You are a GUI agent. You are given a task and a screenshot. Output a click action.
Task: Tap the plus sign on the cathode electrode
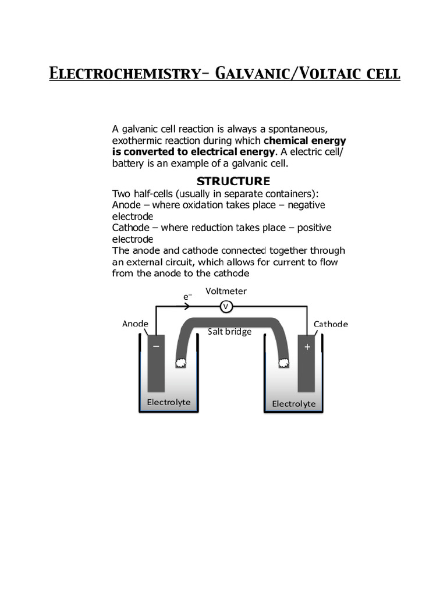pyautogui.click(x=307, y=347)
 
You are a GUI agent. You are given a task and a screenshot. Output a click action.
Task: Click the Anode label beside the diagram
pyautogui.click(x=135, y=324)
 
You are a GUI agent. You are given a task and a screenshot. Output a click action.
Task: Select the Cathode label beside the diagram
pyautogui.click(x=331, y=324)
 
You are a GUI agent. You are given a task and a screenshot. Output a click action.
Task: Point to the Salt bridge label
pyautogui.click(x=230, y=332)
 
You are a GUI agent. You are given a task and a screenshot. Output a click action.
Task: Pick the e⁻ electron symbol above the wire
pyautogui.click(x=187, y=296)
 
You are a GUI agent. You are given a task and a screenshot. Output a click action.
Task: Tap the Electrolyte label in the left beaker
pyautogui.click(x=169, y=402)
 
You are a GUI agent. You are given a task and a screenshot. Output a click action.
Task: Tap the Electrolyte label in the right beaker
pyautogui.click(x=294, y=403)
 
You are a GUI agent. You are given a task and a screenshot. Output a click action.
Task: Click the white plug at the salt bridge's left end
pyautogui.click(x=181, y=363)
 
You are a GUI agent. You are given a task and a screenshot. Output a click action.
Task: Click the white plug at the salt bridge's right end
pyautogui.click(x=283, y=363)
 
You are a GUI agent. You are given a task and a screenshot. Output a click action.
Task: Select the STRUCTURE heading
pyautogui.click(x=233, y=180)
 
